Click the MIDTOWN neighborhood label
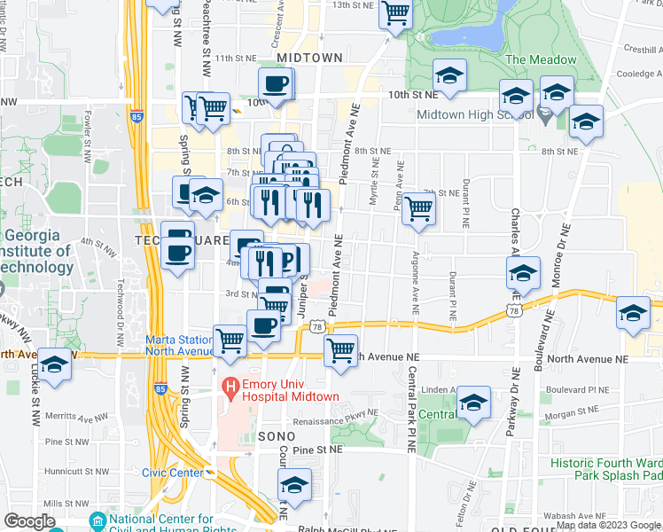(308, 58)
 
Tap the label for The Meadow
(541, 60)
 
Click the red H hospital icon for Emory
(230, 387)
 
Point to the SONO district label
(282, 437)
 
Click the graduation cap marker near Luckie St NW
(54, 365)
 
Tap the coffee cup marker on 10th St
(275, 84)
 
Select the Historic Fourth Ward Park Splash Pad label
(605, 470)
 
